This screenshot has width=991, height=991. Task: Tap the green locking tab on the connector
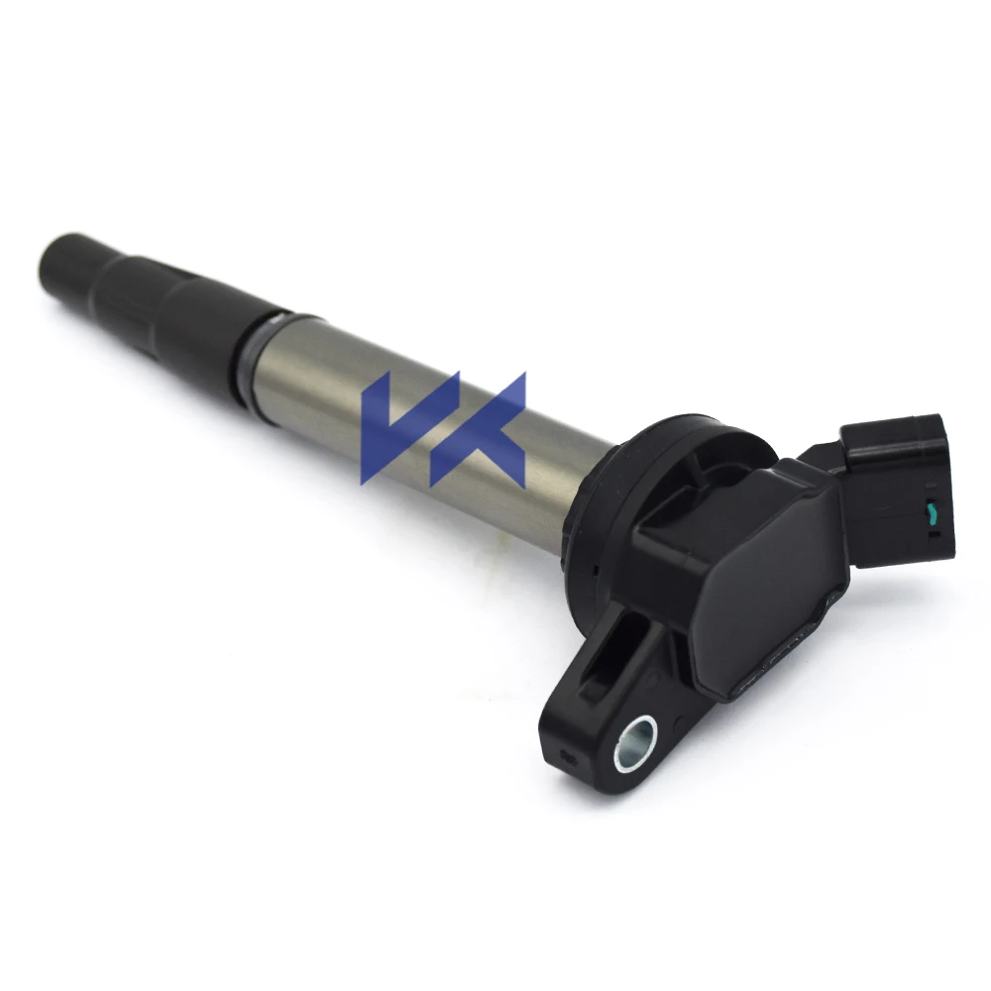931,512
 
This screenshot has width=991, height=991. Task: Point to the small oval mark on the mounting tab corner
569,758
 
